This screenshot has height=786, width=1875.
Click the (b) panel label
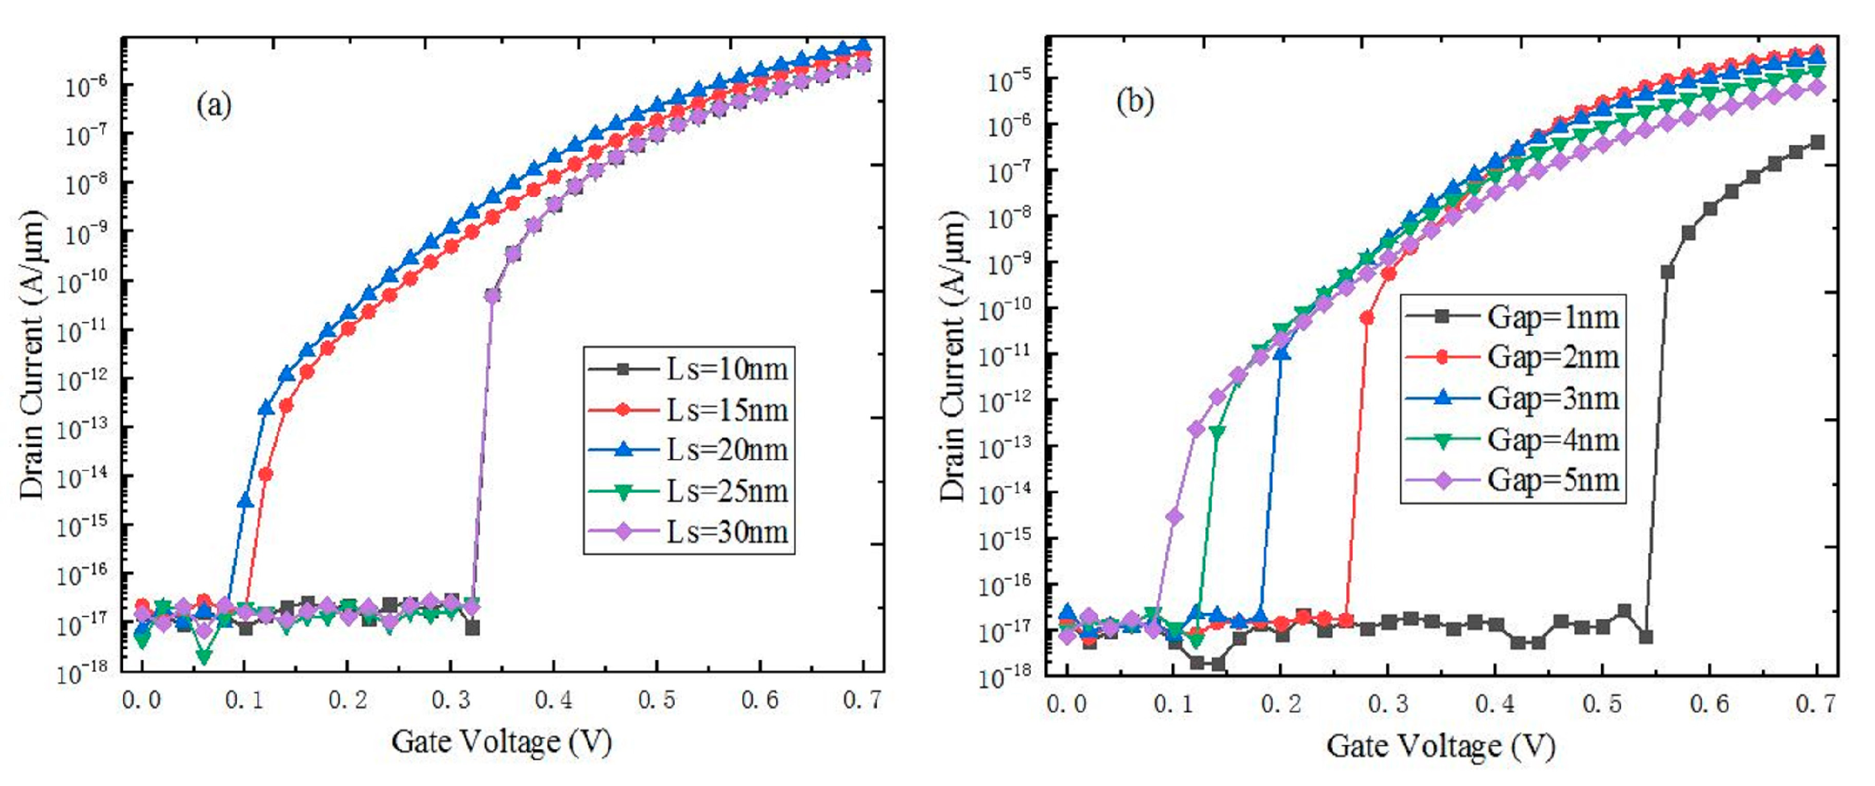[1135, 102]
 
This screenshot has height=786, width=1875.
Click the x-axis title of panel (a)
[501, 742]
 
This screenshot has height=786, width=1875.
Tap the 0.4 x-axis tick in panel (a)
[553, 700]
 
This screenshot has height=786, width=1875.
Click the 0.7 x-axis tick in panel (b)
[1816, 704]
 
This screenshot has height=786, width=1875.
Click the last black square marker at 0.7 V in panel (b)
[1817, 142]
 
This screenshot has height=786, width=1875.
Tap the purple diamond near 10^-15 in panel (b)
[1174, 518]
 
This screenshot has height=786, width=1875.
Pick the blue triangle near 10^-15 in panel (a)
[245, 501]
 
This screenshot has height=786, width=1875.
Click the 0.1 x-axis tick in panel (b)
[1173, 704]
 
